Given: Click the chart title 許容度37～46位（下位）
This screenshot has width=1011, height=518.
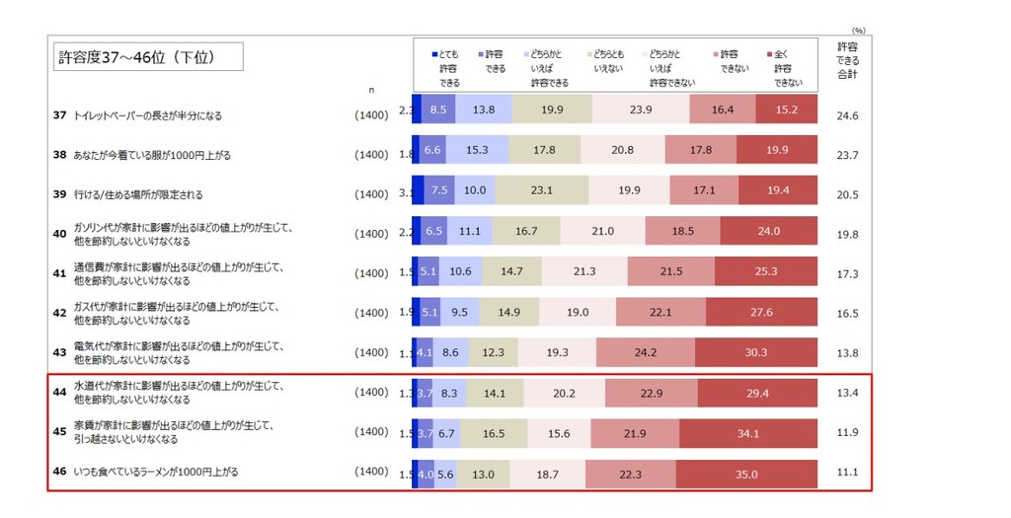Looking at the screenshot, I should click(148, 58).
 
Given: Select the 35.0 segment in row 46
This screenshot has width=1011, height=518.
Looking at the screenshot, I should click(747, 474).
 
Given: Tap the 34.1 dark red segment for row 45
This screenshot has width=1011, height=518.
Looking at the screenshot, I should click(748, 434).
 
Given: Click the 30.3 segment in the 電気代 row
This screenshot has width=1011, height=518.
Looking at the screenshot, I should click(756, 352).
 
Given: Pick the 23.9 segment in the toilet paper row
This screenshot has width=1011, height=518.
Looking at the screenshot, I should click(641, 111).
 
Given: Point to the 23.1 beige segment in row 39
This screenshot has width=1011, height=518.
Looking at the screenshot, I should click(542, 190).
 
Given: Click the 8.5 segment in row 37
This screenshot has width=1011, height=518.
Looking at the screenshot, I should click(438, 111).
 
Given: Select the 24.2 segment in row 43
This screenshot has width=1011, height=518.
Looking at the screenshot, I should click(646, 352).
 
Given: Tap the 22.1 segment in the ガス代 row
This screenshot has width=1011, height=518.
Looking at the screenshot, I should click(661, 313).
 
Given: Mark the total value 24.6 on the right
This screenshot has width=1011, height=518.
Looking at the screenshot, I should click(847, 115).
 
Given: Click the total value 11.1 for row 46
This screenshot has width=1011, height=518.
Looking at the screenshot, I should click(847, 474).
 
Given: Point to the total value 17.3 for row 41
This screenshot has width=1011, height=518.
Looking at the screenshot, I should click(847, 273).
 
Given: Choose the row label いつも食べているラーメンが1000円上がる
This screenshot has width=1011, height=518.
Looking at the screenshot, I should click(156, 472).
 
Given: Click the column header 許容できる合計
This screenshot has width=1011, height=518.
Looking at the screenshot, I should click(847, 60).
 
